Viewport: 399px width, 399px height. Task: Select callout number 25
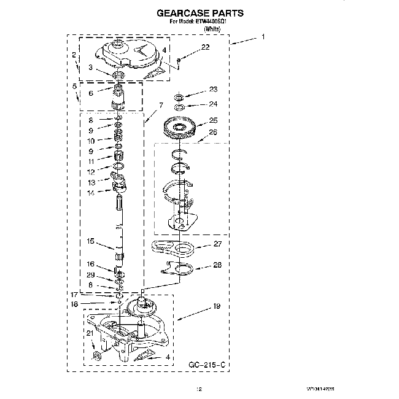point(213,120)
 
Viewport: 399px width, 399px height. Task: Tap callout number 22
point(205,47)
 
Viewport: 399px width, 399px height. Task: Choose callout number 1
point(263,37)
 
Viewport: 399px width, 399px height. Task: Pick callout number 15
point(91,242)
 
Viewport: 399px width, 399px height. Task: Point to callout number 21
point(90,333)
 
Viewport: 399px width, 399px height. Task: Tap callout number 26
point(213,131)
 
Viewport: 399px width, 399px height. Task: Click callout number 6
point(91,93)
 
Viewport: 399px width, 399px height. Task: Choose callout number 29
point(91,274)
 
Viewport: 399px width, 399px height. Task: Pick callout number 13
point(91,182)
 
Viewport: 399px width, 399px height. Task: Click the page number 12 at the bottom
point(198,389)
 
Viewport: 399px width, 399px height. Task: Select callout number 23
point(213,89)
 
